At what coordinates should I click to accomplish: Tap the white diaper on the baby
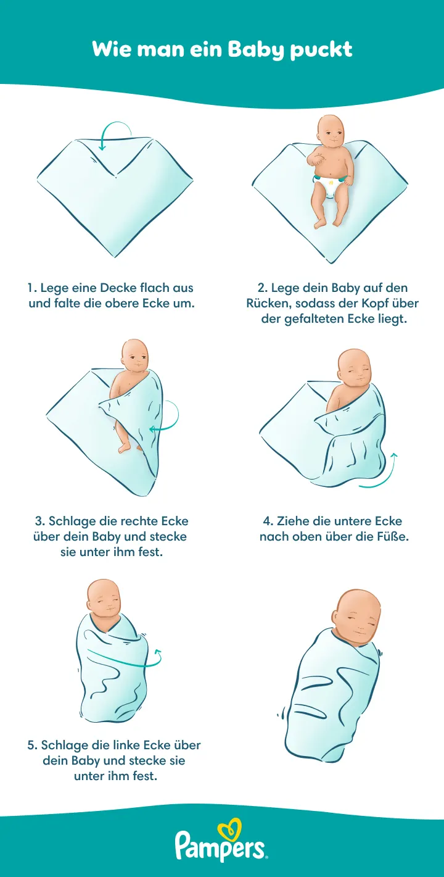(x=331, y=186)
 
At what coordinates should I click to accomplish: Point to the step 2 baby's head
(x=330, y=131)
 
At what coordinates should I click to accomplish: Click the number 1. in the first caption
(x=33, y=288)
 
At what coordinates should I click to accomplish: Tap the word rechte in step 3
(x=139, y=521)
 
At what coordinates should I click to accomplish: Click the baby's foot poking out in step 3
(x=125, y=447)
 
